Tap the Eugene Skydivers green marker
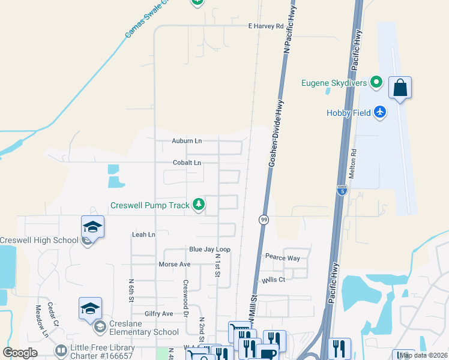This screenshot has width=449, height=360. coord(376,82)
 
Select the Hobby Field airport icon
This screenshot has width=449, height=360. coord(379,112)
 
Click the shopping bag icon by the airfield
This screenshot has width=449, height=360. coord(400,88)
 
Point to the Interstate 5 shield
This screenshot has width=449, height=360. coord(342,191)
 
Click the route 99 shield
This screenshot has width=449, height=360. coord(264,220)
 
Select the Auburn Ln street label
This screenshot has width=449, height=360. coord(187,141)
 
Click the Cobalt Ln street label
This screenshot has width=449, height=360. coord(187,163)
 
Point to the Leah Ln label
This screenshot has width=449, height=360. coord(143,235)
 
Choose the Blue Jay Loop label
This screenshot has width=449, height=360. coord(209,249)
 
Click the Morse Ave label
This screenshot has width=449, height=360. coord(174,264)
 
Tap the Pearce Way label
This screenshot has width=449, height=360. coord(282,257)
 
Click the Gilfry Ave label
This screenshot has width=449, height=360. coord(158,314)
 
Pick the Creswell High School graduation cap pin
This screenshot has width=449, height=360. coord(92,227)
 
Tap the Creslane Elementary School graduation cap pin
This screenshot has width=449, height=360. coord(90,308)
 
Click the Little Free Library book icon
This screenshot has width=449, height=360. coord(61,350)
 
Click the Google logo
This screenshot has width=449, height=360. coord(20,353)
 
